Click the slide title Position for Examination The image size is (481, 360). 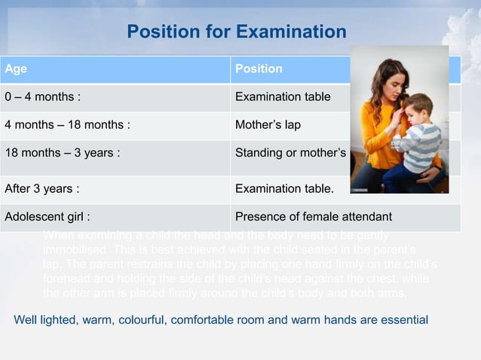236,32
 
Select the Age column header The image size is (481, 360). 16,69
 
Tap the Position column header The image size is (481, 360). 259,69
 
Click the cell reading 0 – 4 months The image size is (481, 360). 44,97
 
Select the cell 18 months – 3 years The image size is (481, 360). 62,153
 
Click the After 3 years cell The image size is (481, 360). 42,188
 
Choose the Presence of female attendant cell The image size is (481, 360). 314,218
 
